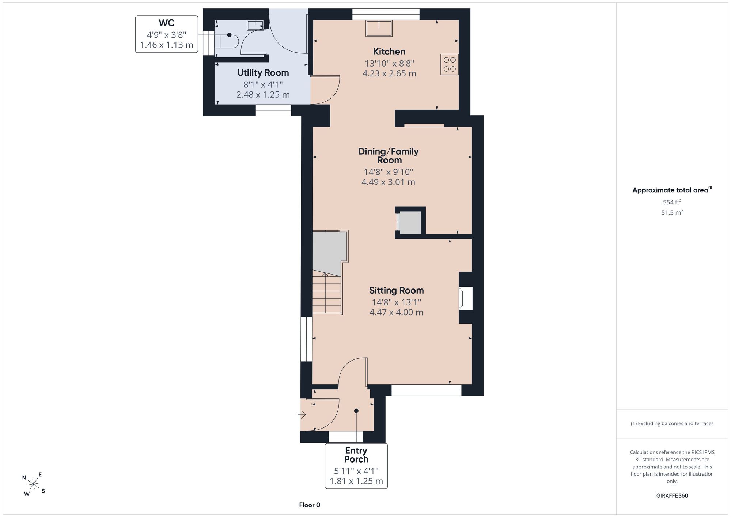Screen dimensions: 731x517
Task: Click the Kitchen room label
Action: [389, 52]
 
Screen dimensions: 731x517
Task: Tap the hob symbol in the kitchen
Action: [450, 64]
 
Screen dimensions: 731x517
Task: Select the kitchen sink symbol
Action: [379, 28]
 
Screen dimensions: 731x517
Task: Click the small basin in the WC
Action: [255, 25]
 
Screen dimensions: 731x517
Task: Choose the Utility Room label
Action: [263, 73]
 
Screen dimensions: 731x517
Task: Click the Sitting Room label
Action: [397, 291]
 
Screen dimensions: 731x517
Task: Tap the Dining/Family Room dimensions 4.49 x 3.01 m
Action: [388, 182]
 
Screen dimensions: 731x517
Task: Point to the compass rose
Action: [34, 484]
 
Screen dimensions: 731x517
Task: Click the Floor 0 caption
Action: [310, 505]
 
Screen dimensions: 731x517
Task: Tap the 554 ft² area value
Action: [672, 202]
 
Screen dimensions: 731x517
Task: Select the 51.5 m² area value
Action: [672, 212]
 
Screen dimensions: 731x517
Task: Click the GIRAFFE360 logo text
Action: [672, 496]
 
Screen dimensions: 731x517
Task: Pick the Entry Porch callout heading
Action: [356, 455]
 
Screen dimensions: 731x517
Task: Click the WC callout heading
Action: [167, 23]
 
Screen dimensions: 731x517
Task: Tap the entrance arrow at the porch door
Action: [302, 415]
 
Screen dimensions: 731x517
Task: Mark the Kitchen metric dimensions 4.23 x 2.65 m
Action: [389, 73]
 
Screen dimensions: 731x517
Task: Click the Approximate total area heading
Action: [672, 190]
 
